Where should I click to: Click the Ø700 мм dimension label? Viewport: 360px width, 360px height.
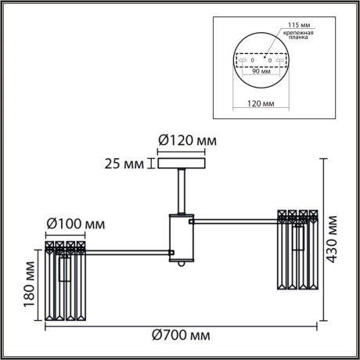pos(182,336)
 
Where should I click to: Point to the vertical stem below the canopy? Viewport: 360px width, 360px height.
pos(182,190)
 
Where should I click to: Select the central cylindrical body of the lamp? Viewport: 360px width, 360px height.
pos(182,236)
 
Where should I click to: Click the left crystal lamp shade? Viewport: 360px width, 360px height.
pos(67,282)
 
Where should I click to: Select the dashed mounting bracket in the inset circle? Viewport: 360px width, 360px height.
pos(261,59)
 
